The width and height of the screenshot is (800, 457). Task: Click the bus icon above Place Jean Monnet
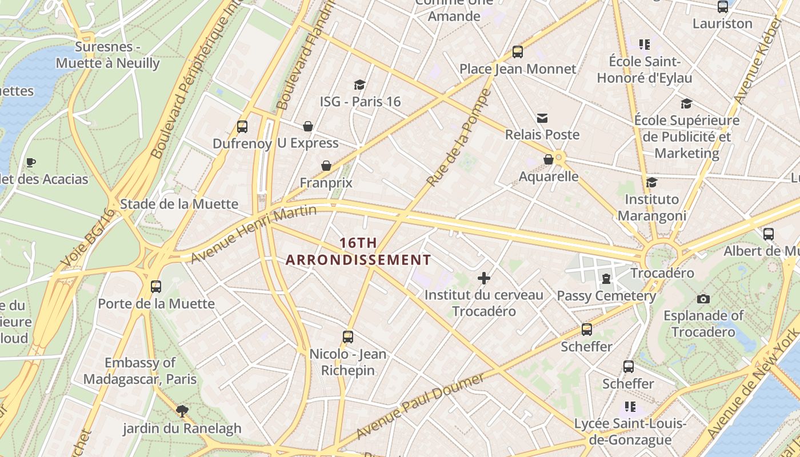(518, 52)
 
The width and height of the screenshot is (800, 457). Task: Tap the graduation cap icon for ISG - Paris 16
(359, 85)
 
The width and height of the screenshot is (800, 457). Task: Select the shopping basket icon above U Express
(308, 126)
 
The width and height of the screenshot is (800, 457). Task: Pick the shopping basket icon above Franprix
(326, 166)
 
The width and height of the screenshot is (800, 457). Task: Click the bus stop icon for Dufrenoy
(242, 127)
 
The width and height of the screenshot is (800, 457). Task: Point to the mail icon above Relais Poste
(542, 118)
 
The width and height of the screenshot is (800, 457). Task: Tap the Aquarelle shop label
(548, 177)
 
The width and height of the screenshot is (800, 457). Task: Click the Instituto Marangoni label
(651, 207)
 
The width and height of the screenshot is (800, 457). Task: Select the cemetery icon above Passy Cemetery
(606, 279)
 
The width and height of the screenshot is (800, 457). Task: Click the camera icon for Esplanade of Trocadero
(703, 299)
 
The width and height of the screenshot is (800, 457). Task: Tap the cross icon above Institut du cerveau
(484, 278)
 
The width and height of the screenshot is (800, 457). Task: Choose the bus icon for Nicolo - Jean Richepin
(347, 337)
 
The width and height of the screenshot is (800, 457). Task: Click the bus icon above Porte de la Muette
(156, 286)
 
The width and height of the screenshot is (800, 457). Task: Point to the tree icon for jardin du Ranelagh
(182, 411)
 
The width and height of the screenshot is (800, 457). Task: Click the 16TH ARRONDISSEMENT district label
(358, 251)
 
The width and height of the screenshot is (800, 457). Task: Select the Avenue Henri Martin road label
(254, 234)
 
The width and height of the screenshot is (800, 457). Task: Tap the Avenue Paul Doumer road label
(420, 406)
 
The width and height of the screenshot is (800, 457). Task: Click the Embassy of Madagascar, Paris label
(140, 371)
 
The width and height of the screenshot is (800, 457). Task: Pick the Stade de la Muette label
(179, 204)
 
